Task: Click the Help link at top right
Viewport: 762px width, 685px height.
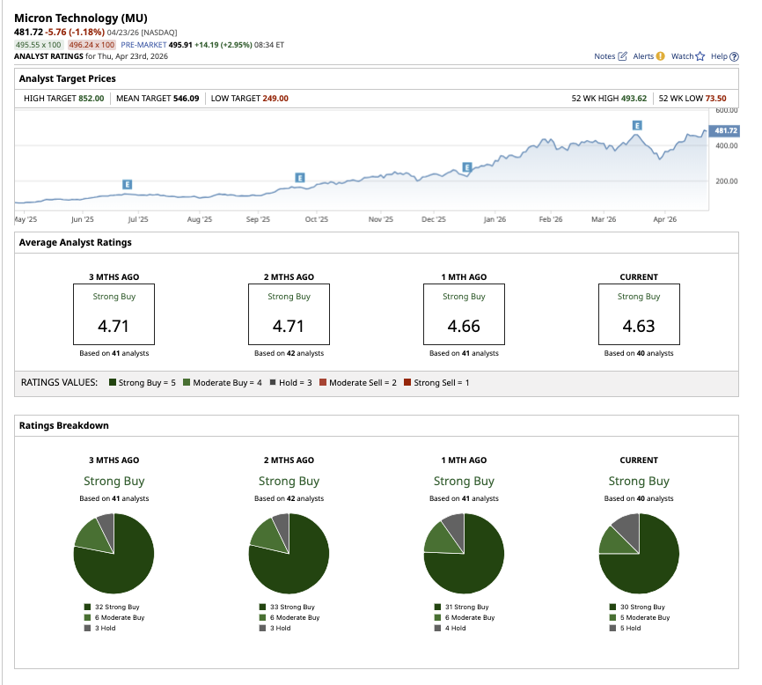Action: click(x=723, y=56)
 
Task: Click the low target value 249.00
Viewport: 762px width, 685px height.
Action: click(x=275, y=99)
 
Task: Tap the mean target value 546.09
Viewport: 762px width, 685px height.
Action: click(x=184, y=99)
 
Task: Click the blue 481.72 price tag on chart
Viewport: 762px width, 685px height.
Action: click(x=725, y=130)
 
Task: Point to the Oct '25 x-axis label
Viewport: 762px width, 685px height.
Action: click(x=317, y=219)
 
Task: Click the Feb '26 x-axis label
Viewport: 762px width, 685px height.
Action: click(x=551, y=219)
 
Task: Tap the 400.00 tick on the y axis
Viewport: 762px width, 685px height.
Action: click(x=726, y=146)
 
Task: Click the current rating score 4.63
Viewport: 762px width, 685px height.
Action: click(x=639, y=326)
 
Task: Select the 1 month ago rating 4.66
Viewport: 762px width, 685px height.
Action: click(x=464, y=326)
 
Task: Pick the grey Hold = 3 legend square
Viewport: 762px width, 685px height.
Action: click(x=273, y=383)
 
